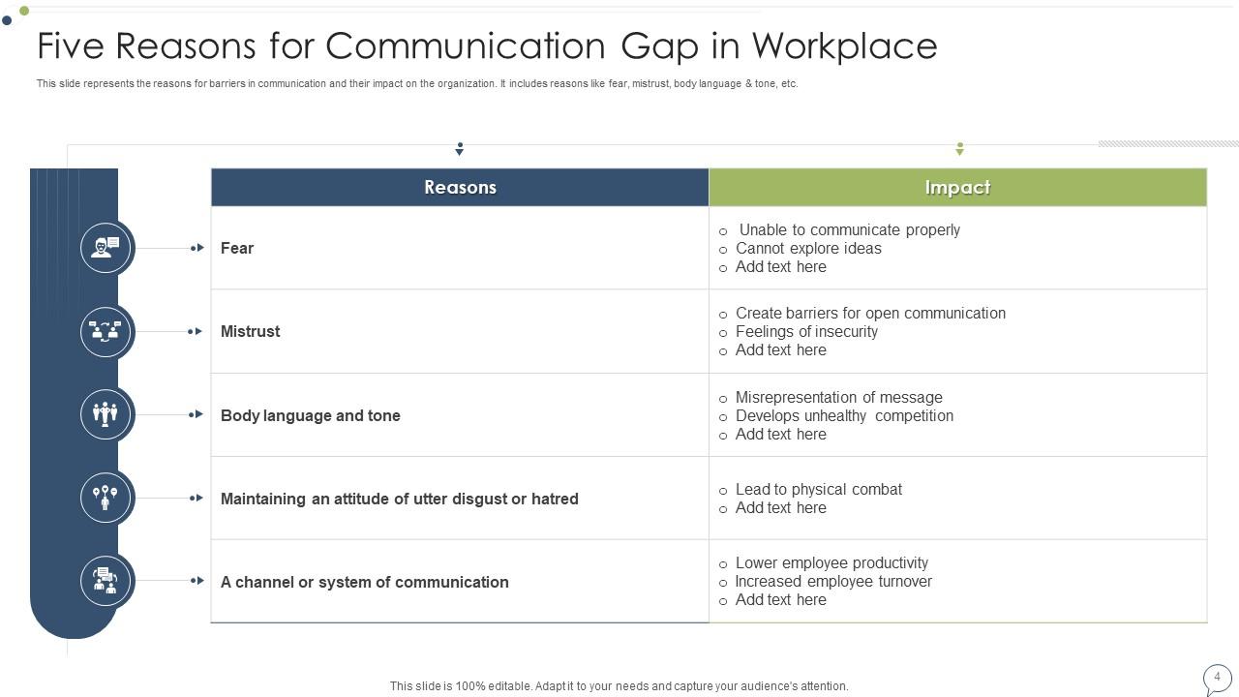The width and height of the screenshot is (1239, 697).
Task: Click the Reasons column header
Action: [460, 188]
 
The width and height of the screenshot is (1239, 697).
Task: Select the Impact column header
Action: [957, 188]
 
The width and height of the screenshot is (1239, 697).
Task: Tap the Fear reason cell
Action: [237, 248]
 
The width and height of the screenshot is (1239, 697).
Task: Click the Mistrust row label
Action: [250, 331]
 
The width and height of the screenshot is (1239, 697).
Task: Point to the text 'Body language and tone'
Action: [310, 415]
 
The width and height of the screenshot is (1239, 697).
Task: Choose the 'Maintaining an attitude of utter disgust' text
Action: [399, 499]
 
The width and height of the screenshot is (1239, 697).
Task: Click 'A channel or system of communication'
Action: [364, 582]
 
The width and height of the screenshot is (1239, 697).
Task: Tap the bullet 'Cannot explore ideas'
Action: [808, 248]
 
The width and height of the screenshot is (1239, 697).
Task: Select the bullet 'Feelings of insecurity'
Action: [806, 331]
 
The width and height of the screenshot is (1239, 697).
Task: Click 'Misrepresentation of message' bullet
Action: [838, 397]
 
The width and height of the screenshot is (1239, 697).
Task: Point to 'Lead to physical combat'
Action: [818, 489]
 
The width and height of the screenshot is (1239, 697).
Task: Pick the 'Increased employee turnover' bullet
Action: [833, 581]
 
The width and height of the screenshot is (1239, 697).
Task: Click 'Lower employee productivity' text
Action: [831, 562]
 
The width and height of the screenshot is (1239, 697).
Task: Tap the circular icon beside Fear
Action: [106, 248]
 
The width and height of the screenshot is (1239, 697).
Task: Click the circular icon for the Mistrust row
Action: [106, 331]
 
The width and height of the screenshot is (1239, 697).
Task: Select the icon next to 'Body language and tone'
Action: [106, 414]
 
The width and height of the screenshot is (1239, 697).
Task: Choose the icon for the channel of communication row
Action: [106, 581]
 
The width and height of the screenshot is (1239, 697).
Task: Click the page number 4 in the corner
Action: [1217, 677]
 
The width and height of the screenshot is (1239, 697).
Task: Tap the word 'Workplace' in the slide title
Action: [844, 45]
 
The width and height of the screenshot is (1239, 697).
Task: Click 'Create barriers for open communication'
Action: [870, 313]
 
